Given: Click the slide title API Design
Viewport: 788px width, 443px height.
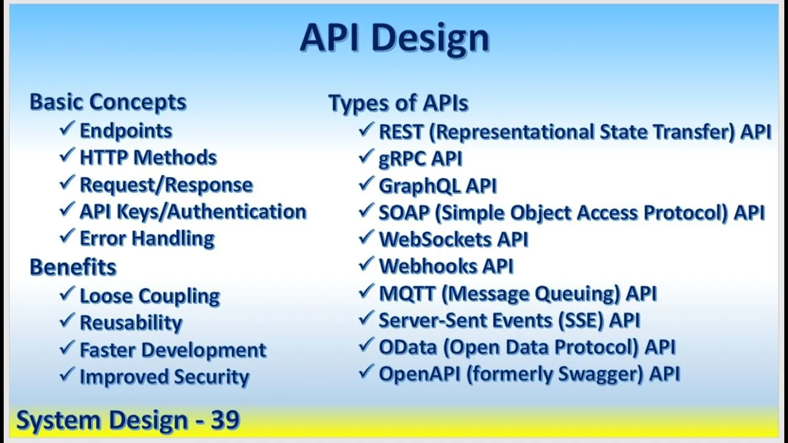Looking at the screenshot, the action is (395, 38).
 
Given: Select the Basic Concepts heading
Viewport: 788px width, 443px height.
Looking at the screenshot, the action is (108, 102).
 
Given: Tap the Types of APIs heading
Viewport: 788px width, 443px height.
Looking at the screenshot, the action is (398, 103).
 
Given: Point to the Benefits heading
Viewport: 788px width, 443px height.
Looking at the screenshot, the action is (73, 267).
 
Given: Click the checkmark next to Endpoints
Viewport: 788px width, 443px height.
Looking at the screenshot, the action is (67, 129).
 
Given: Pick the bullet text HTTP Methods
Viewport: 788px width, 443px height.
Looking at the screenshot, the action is (148, 158).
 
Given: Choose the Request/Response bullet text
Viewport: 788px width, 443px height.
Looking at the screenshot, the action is (166, 185).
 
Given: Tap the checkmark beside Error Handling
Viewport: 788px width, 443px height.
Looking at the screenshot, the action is (67, 236).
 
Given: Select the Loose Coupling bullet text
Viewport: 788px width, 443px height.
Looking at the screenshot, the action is (150, 296).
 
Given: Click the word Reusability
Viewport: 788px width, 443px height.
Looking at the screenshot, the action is (131, 323).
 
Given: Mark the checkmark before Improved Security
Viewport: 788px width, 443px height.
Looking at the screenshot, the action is (67, 375).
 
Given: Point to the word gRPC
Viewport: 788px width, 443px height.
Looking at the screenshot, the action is (402, 159).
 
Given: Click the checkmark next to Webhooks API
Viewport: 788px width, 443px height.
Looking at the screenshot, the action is (366, 264).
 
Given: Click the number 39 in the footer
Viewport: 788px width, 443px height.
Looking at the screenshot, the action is (225, 420).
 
